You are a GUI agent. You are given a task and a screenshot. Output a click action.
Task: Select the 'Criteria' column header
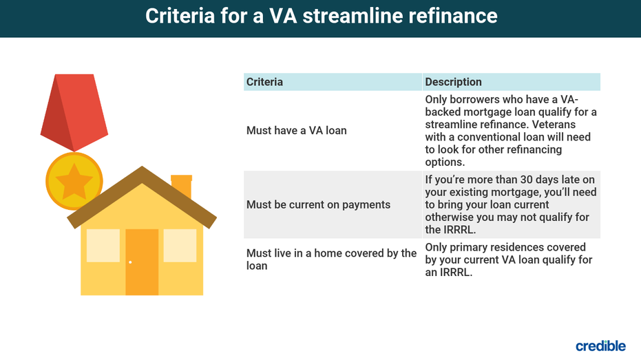pyautogui.click(x=264, y=82)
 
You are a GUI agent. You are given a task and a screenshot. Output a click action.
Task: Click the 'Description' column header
pyautogui.click(x=453, y=82)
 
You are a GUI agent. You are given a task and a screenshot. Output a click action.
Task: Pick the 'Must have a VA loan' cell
pyautogui.click(x=296, y=130)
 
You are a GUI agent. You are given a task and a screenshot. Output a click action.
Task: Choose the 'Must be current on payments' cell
pyautogui.click(x=319, y=204)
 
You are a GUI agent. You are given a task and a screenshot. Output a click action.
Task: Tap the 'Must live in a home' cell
pyautogui.click(x=332, y=259)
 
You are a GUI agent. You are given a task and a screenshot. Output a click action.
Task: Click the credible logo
pyautogui.click(x=600, y=346)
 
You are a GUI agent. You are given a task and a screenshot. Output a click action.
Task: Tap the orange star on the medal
pyautogui.click(x=74, y=181)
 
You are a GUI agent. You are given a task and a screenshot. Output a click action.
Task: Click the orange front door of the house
pyautogui.click(x=142, y=262)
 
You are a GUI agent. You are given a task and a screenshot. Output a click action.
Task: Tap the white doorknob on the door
pyautogui.click(x=130, y=262)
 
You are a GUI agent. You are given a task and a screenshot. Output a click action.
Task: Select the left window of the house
pyautogui.click(x=103, y=245)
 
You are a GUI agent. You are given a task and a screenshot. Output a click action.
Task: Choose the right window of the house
pyautogui.click(x=180, y=245)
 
